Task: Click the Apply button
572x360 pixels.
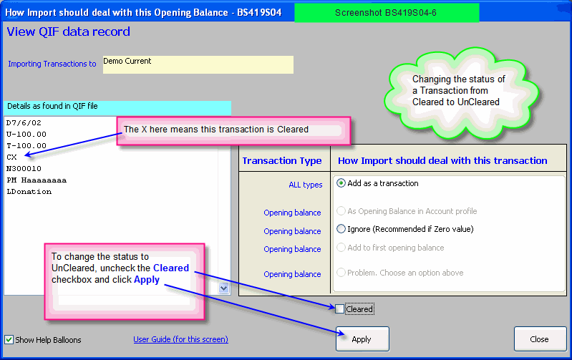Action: click(x=362, y=339)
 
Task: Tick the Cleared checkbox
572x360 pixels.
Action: click(x=339, y=309)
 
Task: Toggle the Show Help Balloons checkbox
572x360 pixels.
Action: click(x=9, y=340)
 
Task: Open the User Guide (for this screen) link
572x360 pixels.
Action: click(x=180, y=339)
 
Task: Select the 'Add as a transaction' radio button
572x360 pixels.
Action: click(x=341, y=183)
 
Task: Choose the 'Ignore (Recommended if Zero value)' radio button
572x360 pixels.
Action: click(x=341, y=229)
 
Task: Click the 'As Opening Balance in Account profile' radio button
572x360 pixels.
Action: click(x=341, y=211)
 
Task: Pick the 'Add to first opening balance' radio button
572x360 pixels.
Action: click(x=341, y=248)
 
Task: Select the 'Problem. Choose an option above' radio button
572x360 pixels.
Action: click(x=341, y=273)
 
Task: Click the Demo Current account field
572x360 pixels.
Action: click(x=198, y=64)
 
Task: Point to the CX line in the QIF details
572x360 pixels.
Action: click(x=11, y=157)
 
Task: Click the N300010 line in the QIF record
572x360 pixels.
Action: click(x=24, y=168)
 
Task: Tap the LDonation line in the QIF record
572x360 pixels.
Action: click(x=29, y=192)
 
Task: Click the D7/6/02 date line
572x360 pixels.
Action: click(x=24, y=123)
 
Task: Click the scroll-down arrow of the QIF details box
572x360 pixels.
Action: click(x=223, y=288)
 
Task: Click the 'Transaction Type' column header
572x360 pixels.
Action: click(x=282, y=161)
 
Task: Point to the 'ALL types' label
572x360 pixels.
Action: click(x=306, y=185)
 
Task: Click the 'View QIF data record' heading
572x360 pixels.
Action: click(x=69, y=31)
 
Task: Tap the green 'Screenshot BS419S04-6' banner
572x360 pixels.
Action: click(x=387, y=13)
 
